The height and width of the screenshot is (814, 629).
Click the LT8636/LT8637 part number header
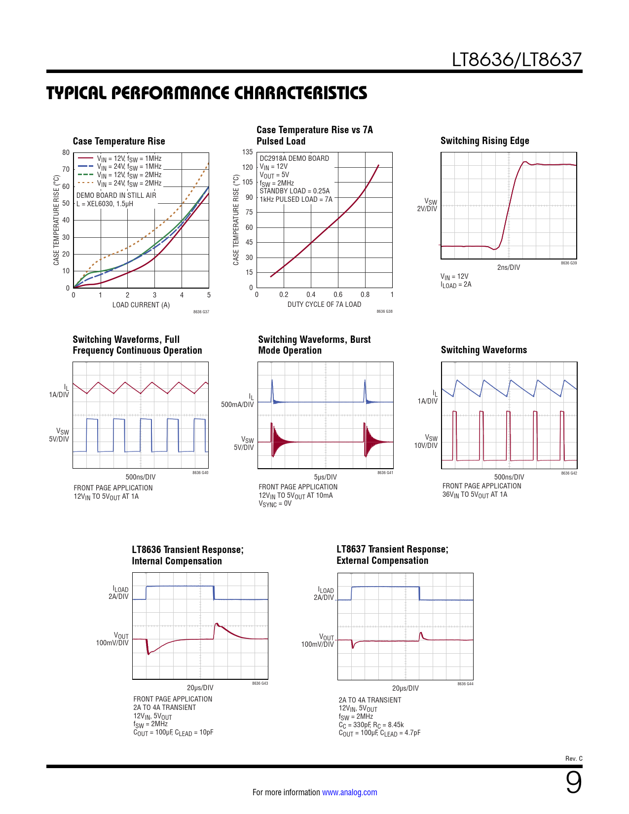(517, 60)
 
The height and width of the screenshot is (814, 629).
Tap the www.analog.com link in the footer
(349, 792)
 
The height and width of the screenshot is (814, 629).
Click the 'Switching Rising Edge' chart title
(484, 141)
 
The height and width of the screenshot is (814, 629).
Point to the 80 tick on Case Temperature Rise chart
(66, 152)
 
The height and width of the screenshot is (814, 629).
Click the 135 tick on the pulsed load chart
(248, 152)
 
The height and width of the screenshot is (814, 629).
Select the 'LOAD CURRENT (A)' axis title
(141, 305)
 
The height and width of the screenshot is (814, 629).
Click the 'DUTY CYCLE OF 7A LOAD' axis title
(324, 304)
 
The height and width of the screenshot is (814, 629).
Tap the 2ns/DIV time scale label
(508, 267)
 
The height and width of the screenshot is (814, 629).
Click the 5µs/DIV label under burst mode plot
(325, 477)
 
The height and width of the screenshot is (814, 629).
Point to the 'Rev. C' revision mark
(573, 759)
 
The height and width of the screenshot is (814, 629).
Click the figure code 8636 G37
(201, 312)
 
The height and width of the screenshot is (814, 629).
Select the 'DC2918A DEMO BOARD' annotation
(294, 158)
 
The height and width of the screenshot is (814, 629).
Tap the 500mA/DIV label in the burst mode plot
(237, 405)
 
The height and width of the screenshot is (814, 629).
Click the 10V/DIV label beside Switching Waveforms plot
(425, 445)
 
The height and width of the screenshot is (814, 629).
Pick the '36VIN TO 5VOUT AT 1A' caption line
(474, 495)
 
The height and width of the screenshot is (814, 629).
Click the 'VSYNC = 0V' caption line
(275, 504)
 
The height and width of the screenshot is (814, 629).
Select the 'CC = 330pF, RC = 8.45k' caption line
(371, 725)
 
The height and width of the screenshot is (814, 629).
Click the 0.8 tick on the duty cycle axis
(365, 295)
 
